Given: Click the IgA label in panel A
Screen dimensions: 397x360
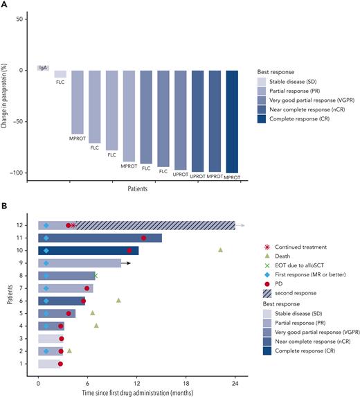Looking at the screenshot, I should pos(43,68).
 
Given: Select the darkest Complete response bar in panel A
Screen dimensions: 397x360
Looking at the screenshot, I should pos(233,121).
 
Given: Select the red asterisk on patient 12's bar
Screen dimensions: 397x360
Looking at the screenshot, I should pos(73,225).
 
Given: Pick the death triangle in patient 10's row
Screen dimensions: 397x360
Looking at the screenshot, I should pos(220,250).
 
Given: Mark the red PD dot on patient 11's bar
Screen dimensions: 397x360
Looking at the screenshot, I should pos(143,238).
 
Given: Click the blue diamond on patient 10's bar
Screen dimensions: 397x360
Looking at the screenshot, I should pos(46,250).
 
